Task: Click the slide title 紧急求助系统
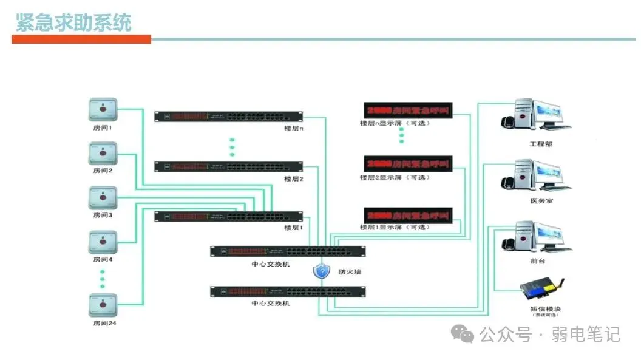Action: point(73,22)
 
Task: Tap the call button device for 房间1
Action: point(103,110)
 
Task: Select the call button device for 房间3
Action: point(103,198)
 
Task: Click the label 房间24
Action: point(104,323)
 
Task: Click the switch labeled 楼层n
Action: point(228,116)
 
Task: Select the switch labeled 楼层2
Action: point(228,166)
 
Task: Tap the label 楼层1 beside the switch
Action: point(293,228)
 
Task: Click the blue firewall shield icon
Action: point(321,271)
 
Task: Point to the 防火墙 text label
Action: point(350,272)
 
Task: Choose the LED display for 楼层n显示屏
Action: point(407,110)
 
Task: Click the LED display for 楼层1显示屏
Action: point(407,215)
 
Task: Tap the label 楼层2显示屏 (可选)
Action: point(394,178)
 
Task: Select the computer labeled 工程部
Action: point(535,115)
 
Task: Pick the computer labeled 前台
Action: point(535,237)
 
